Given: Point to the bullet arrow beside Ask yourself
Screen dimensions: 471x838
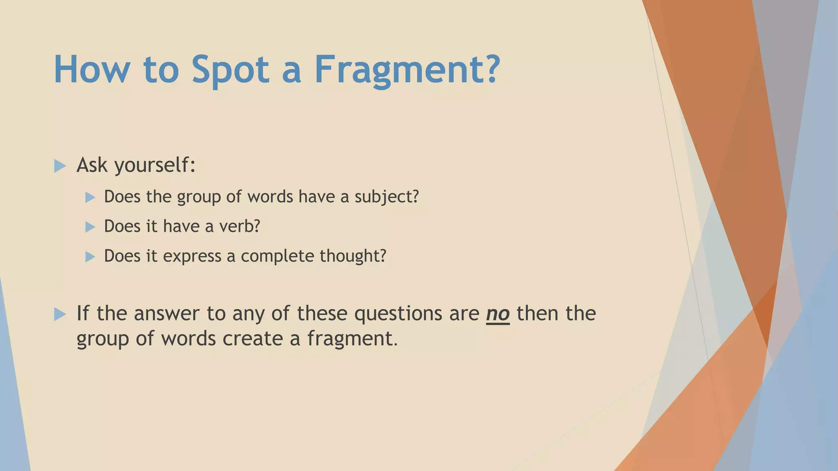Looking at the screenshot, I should (60, 166).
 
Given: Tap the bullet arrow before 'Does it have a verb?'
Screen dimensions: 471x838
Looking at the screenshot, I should (90, 227).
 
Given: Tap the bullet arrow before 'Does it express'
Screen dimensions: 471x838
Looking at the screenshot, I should (90, 257).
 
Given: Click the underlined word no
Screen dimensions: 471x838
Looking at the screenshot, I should (498, 314).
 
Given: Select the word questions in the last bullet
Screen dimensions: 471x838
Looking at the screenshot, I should (398, 314).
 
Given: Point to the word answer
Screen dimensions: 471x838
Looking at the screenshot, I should (167, 314).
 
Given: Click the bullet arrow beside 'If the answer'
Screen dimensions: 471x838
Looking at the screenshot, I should (60, 314).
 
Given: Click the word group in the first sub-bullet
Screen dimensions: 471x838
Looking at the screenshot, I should (198, 197).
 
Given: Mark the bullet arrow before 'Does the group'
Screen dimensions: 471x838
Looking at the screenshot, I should (90, 197).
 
